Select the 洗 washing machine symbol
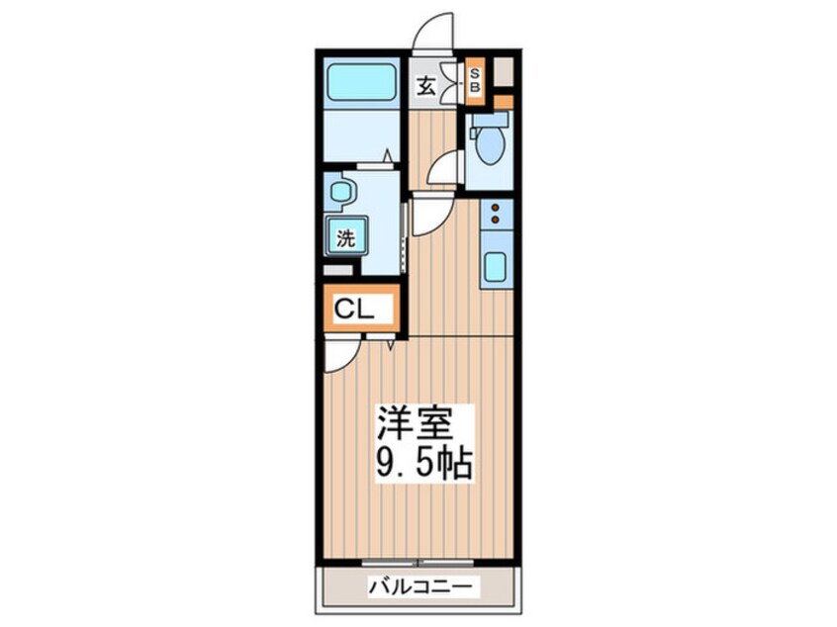click(x=345, y=237)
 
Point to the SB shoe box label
click(x=475, y=80)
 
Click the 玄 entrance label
click(x=424, y=85)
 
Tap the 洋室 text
click(x=414, y=424)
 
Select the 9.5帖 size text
click(x=423, y=462)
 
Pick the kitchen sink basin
click(x=495, y=266)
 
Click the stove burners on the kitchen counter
click(x=496, y=214)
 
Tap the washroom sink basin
click(x=339, y=191)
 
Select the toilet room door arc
click(x=444, y=168)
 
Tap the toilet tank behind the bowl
click(x=489, y=121)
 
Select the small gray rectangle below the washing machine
click(x=337, y=269)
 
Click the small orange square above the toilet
click(x=504, y=101)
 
